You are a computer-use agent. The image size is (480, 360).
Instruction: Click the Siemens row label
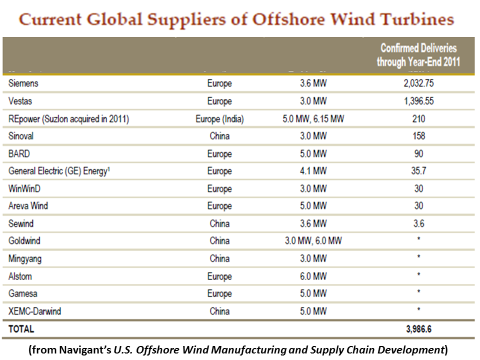pyautogui.click(x=23, y=83)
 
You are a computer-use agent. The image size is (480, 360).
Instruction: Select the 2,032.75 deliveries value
pyautogui.click(x=418, y=83)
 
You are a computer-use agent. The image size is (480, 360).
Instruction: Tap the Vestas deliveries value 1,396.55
pyautogui.click(x=418, y=101)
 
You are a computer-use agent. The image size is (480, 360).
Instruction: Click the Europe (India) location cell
pyautogui.click(x=219, y=119)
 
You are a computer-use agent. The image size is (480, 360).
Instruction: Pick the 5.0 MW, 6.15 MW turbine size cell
pyautogui.click(x=313, y=119)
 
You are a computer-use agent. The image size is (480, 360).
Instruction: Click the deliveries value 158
pyautogui.click(x=418, y=136)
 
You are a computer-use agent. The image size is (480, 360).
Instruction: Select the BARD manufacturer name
pyautogui.click(x=19, y=153)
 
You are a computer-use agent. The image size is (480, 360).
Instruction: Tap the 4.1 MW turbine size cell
pyautogui.click(x=313, y=171)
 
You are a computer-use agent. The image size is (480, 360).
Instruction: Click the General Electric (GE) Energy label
pyautogui.click(x=59, y=171)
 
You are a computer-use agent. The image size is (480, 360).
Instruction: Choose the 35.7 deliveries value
pyautogui.click(x=418, y=171)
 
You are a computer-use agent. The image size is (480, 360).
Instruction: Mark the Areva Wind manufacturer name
pyautogui.click(x=28, y=205)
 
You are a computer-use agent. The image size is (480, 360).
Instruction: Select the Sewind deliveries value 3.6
pyautogui.click(x=418, y=223)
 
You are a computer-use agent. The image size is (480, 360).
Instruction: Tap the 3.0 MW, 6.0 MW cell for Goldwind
pyautogui.click(x=313, y=241)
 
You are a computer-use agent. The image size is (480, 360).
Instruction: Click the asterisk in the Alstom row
pyautogui.click(x=418, y=275)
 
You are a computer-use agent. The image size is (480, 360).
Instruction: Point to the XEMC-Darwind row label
pyautogui.click(x=34, y=311)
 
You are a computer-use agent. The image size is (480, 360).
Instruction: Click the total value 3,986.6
pyautogui.click(x=418, y=329)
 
